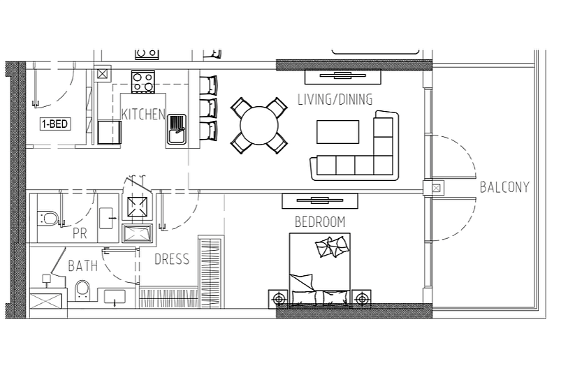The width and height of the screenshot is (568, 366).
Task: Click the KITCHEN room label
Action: point(143,114)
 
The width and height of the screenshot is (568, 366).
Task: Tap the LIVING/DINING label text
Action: point(335,99)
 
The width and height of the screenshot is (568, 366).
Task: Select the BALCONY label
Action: point(504,187)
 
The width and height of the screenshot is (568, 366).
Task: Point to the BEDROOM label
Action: point(320,222)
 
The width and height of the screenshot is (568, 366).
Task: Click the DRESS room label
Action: point(172,259)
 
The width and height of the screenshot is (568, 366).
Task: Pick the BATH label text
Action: point(83,266)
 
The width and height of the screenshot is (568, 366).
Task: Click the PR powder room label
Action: point(80,233)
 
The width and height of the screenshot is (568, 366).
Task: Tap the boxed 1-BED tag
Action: point(54,124)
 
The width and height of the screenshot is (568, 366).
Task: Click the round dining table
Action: point(259,125)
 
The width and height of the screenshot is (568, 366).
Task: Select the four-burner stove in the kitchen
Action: point(143,82)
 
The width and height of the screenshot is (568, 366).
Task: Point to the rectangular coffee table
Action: point(337,132)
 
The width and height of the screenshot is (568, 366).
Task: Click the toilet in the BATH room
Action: point(82,290)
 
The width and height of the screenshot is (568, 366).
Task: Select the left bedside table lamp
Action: point(278,299)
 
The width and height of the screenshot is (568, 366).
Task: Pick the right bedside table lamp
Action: point(361,299)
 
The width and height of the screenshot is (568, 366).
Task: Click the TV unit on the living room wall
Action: point(342,76)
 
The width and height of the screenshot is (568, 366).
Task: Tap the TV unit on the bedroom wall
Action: point(320,200)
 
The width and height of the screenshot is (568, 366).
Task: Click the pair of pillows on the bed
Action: point(331,247)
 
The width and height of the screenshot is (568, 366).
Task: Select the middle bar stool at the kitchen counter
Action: point(208,108)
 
